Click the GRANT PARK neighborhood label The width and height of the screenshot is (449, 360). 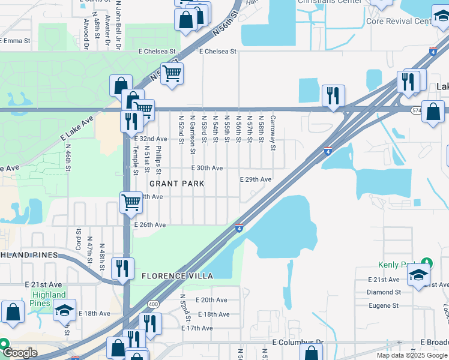[176, 184]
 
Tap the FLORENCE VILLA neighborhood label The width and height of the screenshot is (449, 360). [177, 276]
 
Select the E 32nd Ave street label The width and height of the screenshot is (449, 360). [150, 139]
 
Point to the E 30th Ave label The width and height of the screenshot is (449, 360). [207, 169]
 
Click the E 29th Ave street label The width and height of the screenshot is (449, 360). [256, 179]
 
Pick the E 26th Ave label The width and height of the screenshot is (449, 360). [150, 225]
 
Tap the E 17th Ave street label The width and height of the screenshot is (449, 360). [197, 328]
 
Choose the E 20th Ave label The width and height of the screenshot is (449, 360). [211, 300]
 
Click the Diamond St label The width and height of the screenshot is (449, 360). [385, 292]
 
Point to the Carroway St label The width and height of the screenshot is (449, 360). [273, 133]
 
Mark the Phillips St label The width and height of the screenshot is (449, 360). [158, 157]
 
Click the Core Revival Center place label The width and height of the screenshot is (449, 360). [415, 21]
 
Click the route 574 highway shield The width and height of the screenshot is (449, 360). [416, 110]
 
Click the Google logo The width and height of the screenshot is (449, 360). [19, 353]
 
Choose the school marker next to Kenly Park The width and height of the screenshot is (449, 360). [418, 275]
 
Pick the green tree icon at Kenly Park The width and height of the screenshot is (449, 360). [427, 262]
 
